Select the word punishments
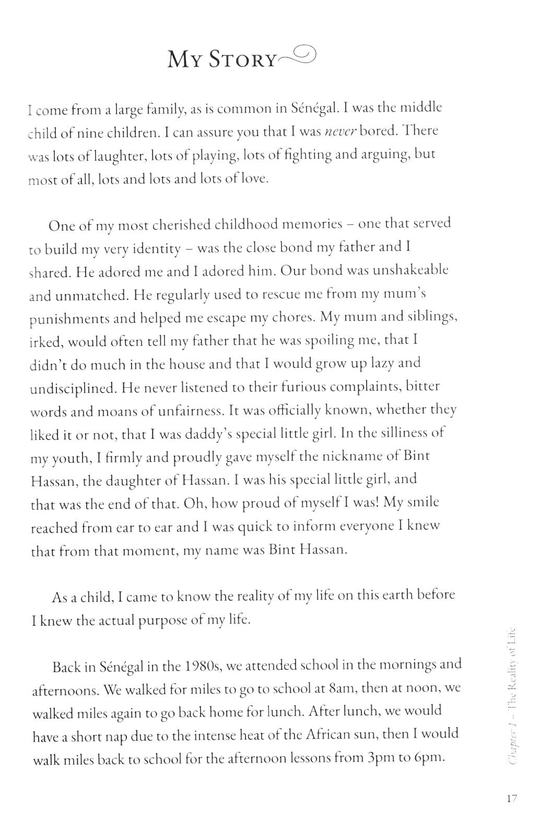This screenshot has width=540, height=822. pos(69,319)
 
